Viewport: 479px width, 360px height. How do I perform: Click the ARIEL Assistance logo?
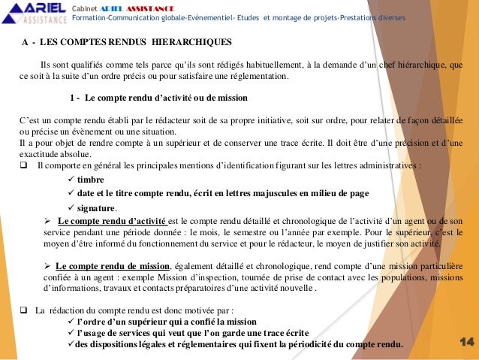(x=35, y=11)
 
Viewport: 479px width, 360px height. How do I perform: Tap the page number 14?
(x=466, y=343)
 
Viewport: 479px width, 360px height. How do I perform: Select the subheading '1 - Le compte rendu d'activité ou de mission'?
(x=158, y=98)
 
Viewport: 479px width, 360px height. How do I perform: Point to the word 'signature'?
(x=96, y=207)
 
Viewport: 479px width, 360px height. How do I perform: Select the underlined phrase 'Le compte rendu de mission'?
(x=113, y=266)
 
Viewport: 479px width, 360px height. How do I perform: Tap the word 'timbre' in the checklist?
(x=91, y=180)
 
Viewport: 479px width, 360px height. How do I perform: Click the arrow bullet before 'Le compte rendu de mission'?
(x=47, y=266)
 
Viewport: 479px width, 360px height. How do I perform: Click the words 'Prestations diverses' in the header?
(x=370, y=17)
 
